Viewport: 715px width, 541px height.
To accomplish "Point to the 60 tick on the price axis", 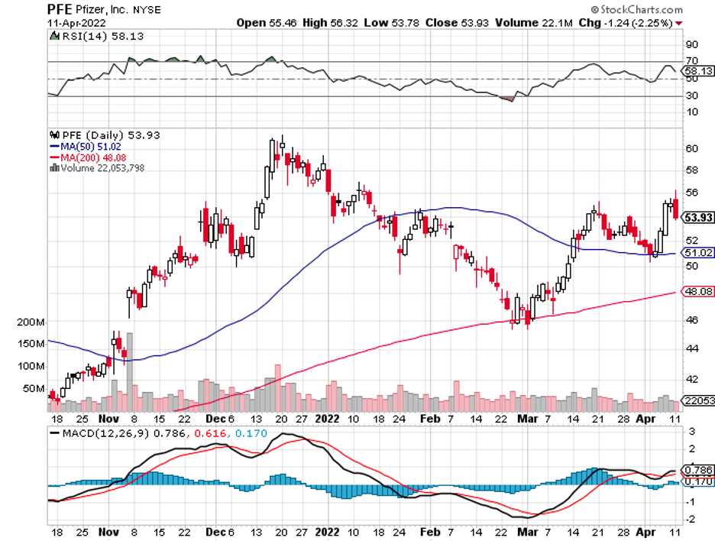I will pyautogui.click(x=691, y=148).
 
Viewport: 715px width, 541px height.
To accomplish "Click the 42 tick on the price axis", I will pyautogui.click(x=691, y=379).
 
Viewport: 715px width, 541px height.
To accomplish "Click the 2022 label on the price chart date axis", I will pyautogui.click(x=328, y=420).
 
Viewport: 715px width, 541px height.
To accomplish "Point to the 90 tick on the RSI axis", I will pyautogui.click(x=691, y=44).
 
